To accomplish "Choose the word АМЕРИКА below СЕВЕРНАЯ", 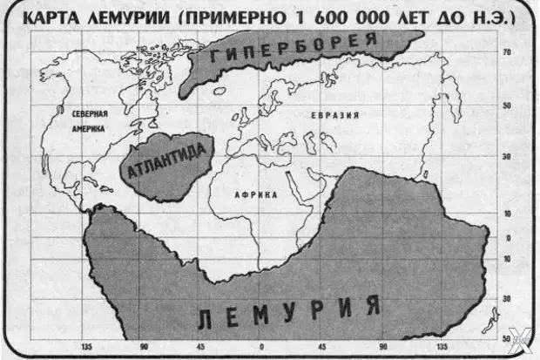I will tap(89, 128).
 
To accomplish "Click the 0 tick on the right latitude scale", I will tap(508, 237).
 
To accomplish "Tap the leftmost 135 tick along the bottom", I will tap(86, 345).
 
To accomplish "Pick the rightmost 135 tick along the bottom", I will tap(443, 345).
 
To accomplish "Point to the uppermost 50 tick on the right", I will tap(505, 105).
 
